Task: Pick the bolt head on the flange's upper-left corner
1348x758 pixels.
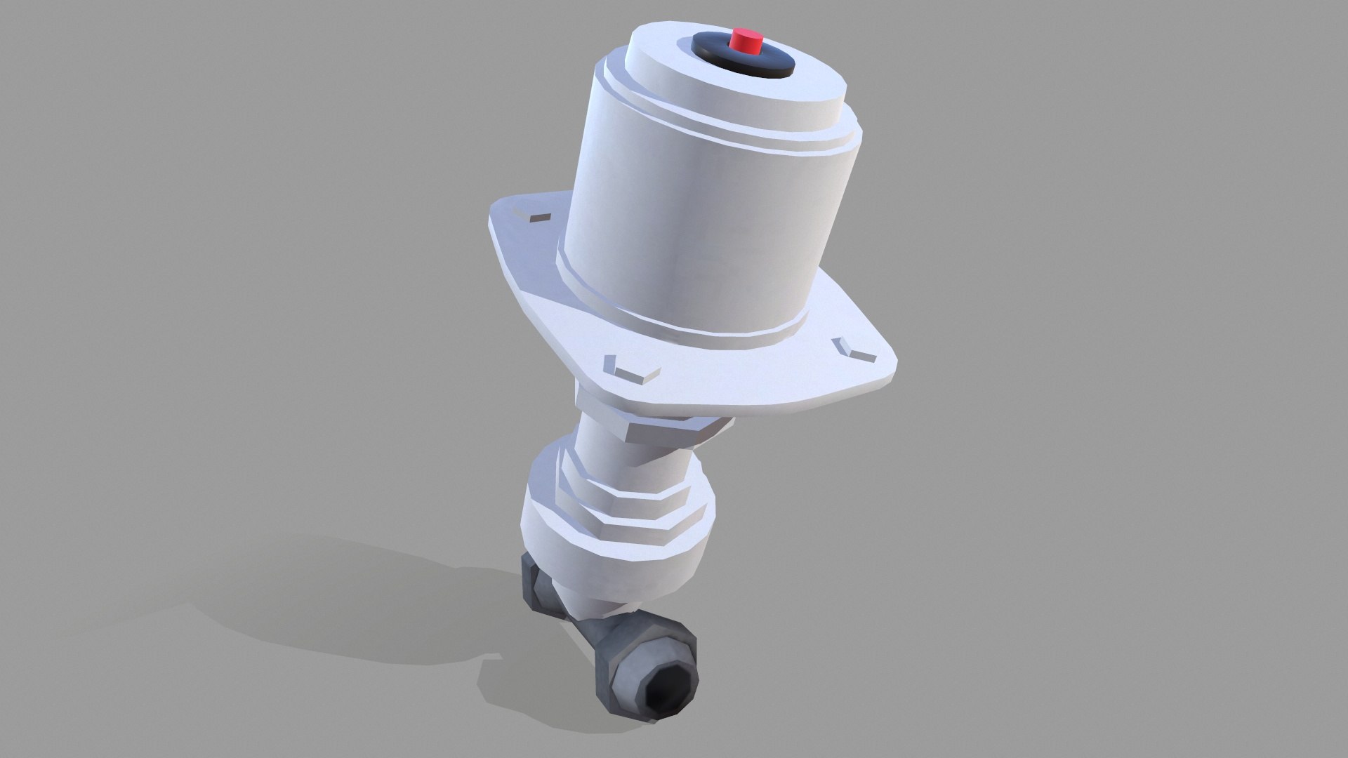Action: coord(537,215)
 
